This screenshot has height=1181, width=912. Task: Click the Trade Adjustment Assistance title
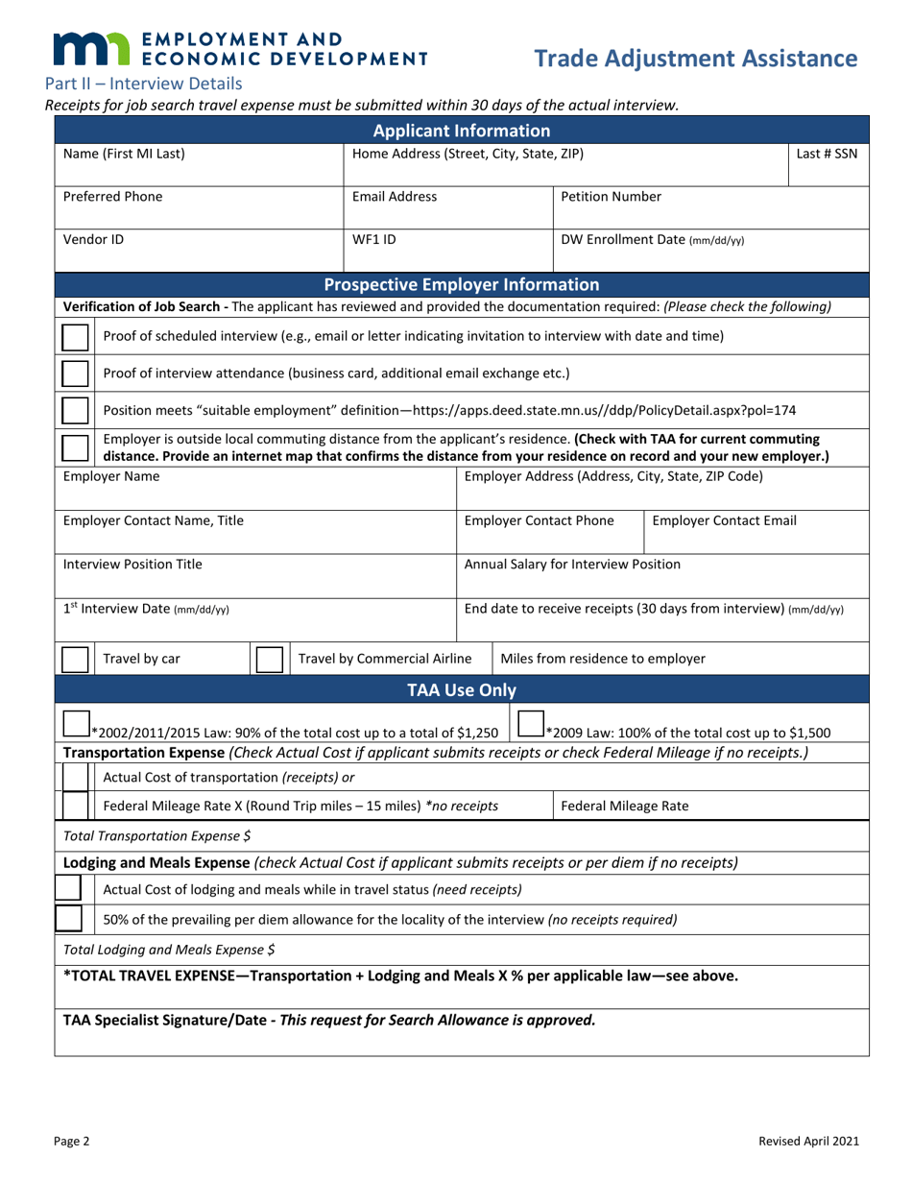click(x=696, y=59)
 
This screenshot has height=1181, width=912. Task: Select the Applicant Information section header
click(x=461, y=130)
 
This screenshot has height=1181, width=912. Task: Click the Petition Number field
click(x=710, y=205)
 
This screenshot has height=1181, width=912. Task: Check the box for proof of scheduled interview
click(x=75, y=336)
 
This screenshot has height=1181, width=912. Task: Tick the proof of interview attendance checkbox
click(x=75, y=374)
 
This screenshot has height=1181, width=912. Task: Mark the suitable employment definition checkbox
click(x=75, y=411)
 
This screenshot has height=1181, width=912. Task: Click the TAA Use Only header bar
click(x=461, y=689)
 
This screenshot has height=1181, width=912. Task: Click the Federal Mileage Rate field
click(x=710, y=806)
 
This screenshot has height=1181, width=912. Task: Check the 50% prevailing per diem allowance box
click(x=69, y=919)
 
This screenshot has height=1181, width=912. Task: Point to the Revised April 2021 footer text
click(x=807, y=1142)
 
